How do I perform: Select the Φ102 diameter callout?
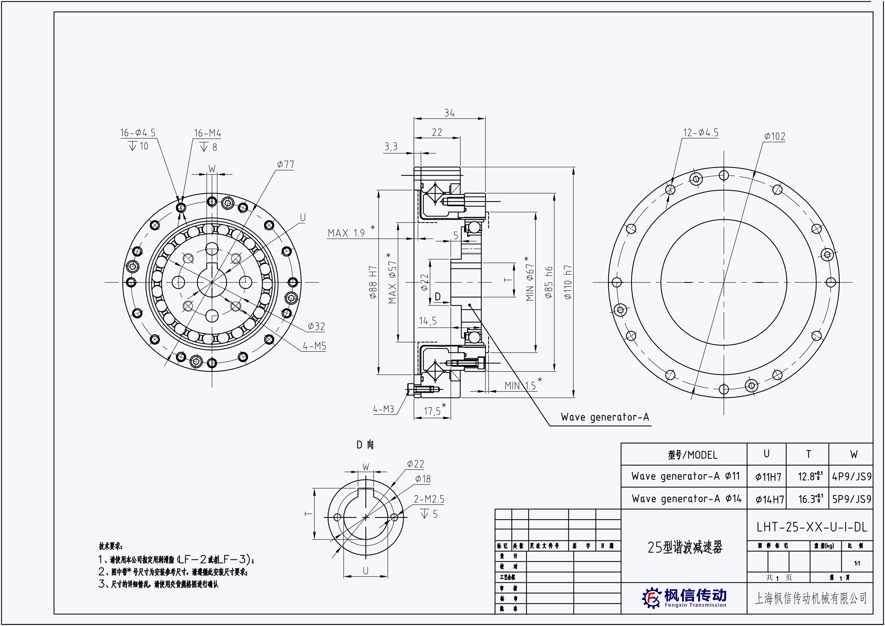775,136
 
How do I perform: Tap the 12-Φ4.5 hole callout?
701,133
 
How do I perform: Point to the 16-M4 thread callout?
207,133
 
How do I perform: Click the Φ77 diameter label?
285,165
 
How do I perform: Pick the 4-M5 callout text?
314,346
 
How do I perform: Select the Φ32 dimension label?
316,326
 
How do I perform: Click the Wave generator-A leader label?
605,417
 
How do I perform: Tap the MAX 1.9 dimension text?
346,233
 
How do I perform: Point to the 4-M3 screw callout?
383,409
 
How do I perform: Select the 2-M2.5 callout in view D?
429,499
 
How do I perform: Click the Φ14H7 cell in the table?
770,500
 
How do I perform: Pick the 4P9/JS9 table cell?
852,477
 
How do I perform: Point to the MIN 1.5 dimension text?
520,386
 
